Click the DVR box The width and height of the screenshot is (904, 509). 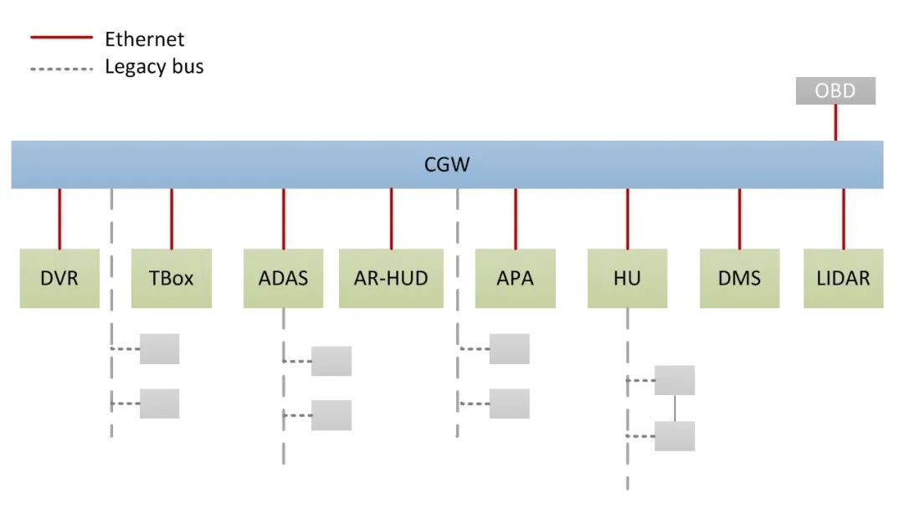[x=59, y=279]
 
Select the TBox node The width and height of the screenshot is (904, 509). [x=172, y=279]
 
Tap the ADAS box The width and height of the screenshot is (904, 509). [x=283, y=279]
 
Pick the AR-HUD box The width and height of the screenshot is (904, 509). [x=391, y=279]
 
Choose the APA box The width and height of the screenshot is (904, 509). [x=516, y=279]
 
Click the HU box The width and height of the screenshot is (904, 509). [x=627, y=279]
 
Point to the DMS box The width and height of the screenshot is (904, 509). [x=740, y=279]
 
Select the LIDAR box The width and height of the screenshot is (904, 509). [x=844, y=279]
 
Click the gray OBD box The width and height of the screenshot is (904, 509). [x=835, y=90]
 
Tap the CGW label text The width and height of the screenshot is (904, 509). [x=447, y=165]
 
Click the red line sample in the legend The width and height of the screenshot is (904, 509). [x=62, y=37]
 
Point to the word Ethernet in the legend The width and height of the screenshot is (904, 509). [x=145, y=39]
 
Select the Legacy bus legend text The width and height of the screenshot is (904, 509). [x=155, y=67]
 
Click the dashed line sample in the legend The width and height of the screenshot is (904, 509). [x=62, y=69]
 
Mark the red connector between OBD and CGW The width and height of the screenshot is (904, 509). [x=835, y=123]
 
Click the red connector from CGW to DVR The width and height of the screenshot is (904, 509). [x=59, y=219]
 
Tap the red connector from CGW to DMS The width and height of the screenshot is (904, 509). [x=740, y=219]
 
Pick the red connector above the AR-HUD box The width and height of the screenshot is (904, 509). [x=391, y=219]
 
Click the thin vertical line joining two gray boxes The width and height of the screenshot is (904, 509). [x=675, y=409]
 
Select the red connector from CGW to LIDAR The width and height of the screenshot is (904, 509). [x=844, y=219]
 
